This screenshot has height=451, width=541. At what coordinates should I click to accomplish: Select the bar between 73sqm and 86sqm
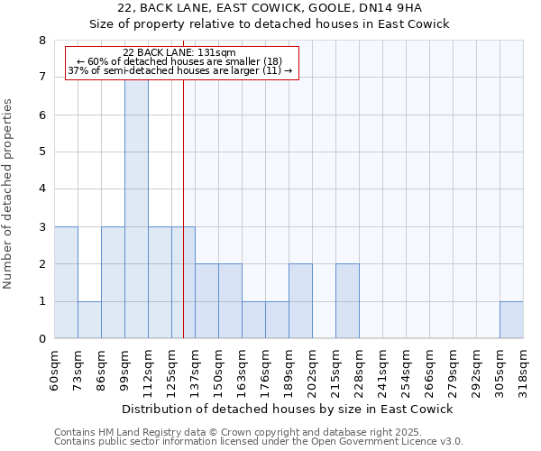click(x=89, y=319)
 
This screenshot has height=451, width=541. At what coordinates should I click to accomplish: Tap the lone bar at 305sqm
click(x=511, y=319)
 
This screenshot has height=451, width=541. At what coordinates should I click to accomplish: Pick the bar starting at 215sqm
click(x=347, y=301)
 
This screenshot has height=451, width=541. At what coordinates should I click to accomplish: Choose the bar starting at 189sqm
click(x=300, y=301)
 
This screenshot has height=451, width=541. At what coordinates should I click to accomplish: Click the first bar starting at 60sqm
click(x=66, y=282)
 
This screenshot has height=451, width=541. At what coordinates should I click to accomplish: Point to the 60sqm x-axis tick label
click(x=55, y=367)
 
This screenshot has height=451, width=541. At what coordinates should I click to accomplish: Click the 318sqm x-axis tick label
click(x=524, y=367)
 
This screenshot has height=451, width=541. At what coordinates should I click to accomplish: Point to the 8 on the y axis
click(x=42, y=41)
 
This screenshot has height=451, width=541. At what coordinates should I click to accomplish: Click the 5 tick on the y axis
click(x=42, y=152)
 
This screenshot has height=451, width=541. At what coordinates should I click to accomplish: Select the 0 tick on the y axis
click(x=42, y=339)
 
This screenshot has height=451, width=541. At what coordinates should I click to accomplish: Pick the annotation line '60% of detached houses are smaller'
click(x=179, y=62)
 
